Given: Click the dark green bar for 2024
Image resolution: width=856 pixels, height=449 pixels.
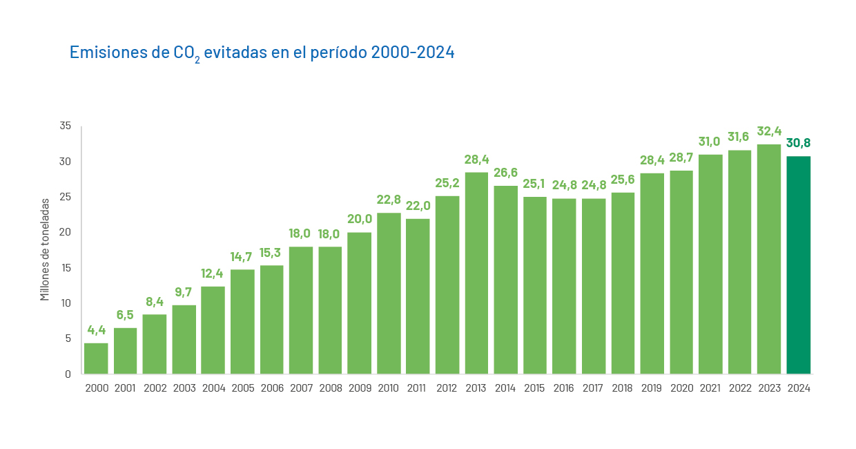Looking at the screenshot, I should pyautogui.click(x=798, y=265).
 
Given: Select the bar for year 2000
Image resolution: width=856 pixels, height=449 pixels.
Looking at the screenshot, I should pyautogui.click(x=96, y=359).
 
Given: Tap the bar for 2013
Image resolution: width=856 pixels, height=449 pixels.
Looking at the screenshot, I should pyautogui.click(x=476, y=273).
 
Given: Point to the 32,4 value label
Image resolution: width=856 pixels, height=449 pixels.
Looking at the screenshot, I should pyautogui.click(x=769, y=131).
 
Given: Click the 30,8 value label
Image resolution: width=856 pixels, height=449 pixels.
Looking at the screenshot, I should pyautogui.click(x=798, y=143).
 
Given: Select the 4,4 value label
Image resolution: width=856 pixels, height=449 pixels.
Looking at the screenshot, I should pyautogui.click(x=96, y=329).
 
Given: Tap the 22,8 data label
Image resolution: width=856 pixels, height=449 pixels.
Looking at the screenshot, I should pyautogui.click(x=389, y=200).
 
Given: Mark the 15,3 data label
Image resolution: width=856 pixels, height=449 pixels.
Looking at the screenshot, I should pyautogui.click(x=271, y=252).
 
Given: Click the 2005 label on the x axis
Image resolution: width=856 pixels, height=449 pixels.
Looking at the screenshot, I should pyautogui.click(x=242, y=388).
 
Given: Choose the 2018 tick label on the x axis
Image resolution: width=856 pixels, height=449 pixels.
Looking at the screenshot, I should pyautogui.click(x=623, y=388).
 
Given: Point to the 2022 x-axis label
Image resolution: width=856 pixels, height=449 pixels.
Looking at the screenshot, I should pyautogui.click(x=739, y=388).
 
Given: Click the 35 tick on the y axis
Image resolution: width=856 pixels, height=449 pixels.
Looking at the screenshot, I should pyautogui.click(x=65, y=126).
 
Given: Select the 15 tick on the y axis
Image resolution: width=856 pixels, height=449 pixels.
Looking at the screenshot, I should pyautogui.click(x=65, y=267).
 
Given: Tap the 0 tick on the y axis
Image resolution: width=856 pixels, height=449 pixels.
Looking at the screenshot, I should pyautogui.click(x=68, y=374).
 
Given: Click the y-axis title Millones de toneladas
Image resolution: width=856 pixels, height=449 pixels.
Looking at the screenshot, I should pyautogui.click(x=45, y=249).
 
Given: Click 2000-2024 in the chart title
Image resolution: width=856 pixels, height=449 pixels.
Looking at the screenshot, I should pyautogui.click(x=412, y=52).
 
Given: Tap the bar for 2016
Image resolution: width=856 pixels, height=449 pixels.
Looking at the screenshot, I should pyautogui.click(x=564, y=286).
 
